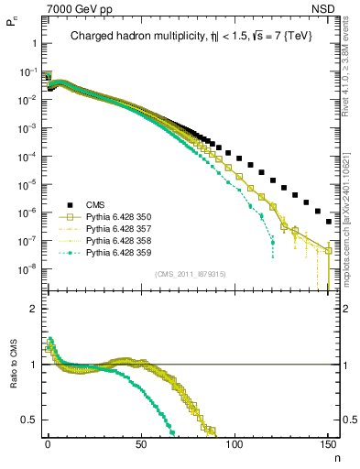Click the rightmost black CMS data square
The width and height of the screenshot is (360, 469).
click(329, 221)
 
